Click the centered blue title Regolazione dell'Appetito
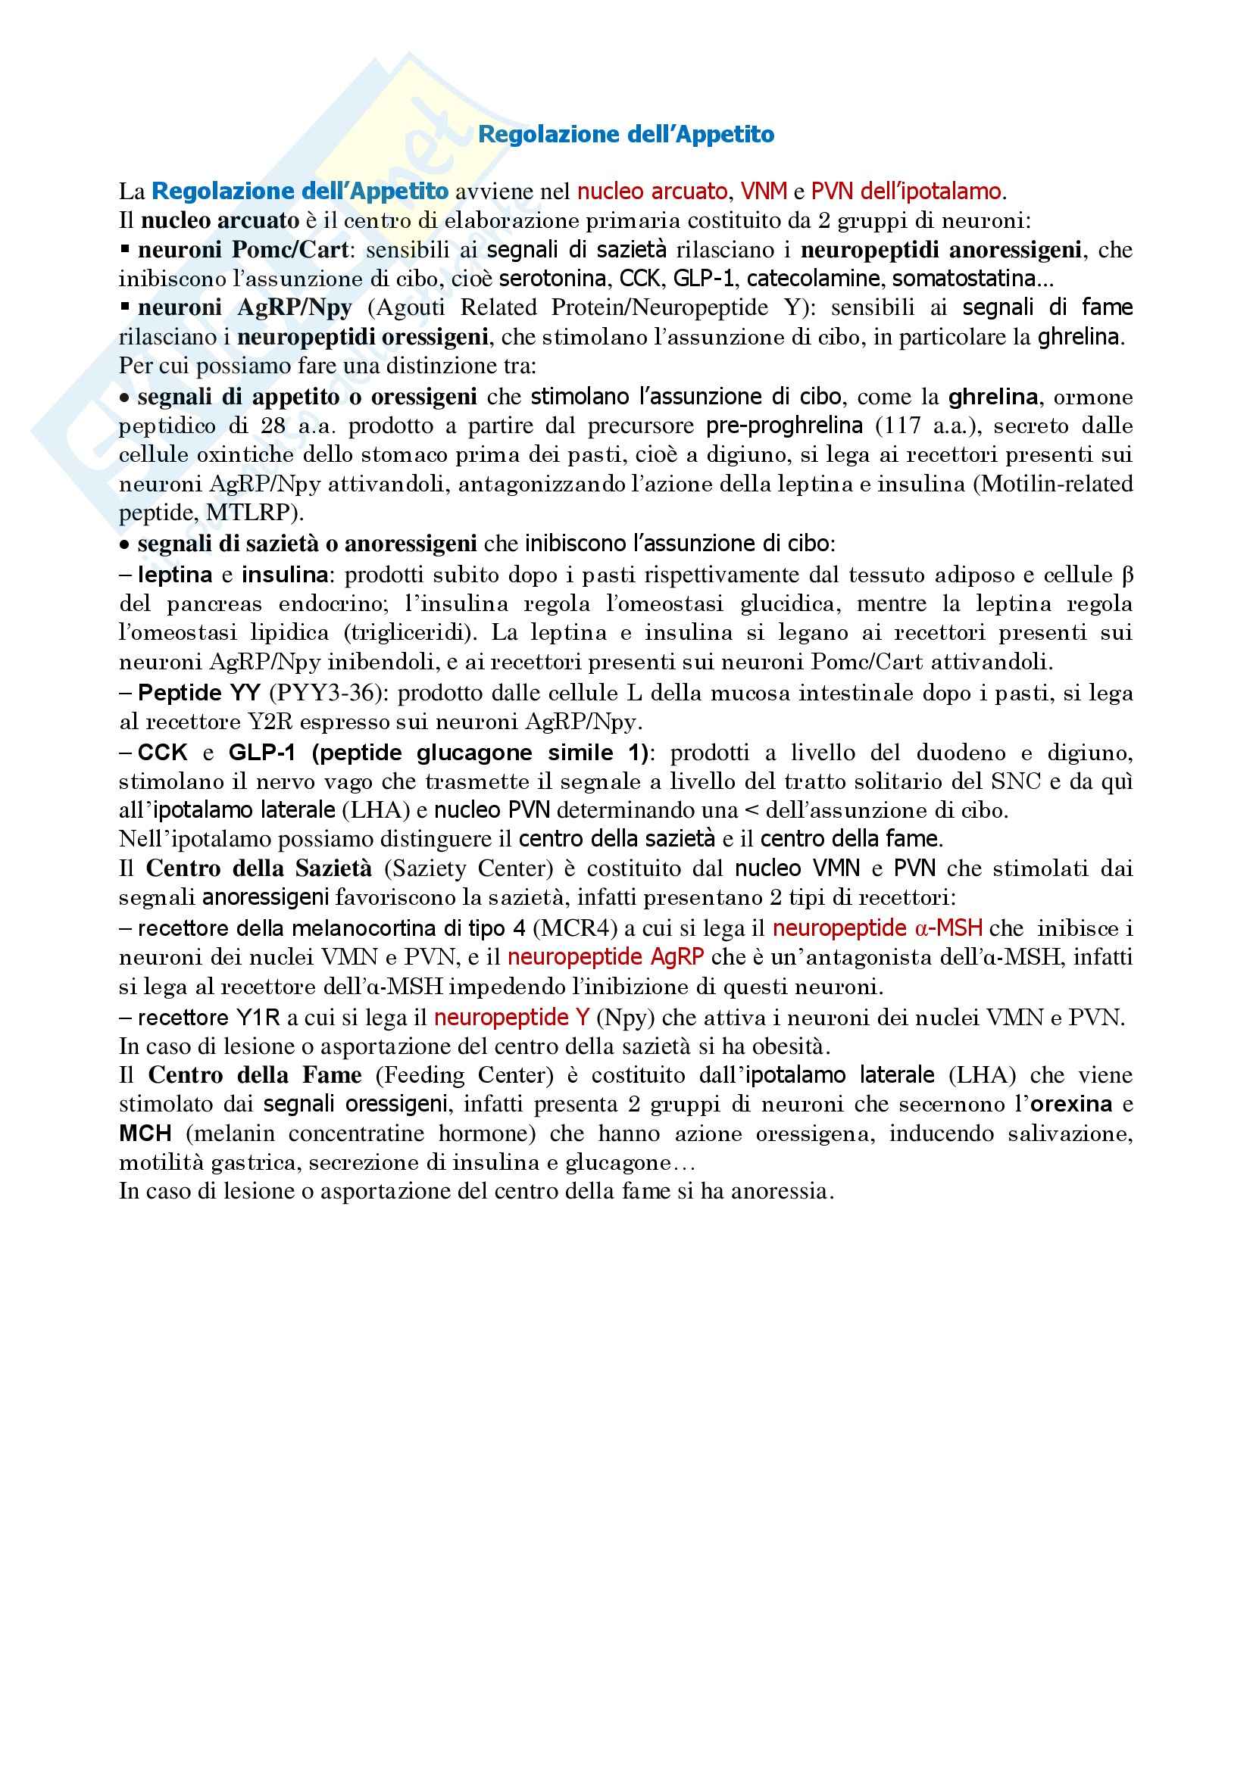tap(626, 134)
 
